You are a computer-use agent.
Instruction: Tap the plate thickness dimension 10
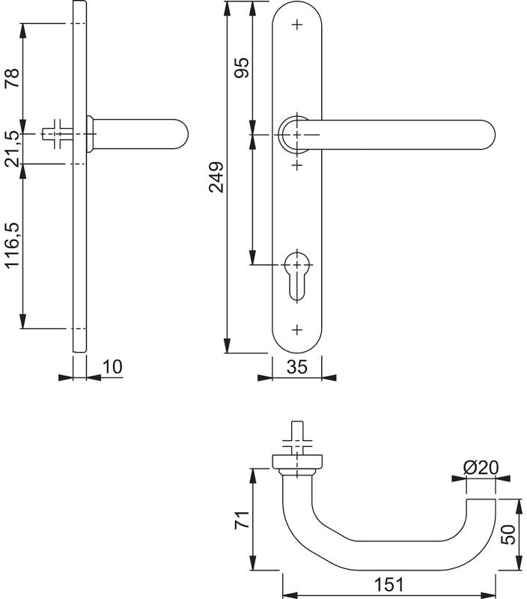[x=112, y=366]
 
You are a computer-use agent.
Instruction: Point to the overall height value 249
[x=216, y=178]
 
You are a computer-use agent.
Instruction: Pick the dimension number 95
[x=242, y=69]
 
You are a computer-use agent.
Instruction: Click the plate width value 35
[x=297, y=368]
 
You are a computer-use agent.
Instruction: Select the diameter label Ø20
[x=481, y=467]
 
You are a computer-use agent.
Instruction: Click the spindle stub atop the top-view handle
[x=297, y=434]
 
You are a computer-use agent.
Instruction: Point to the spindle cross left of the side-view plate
[x=56, y=134]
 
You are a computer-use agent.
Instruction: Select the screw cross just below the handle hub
[x=297, y=162]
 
